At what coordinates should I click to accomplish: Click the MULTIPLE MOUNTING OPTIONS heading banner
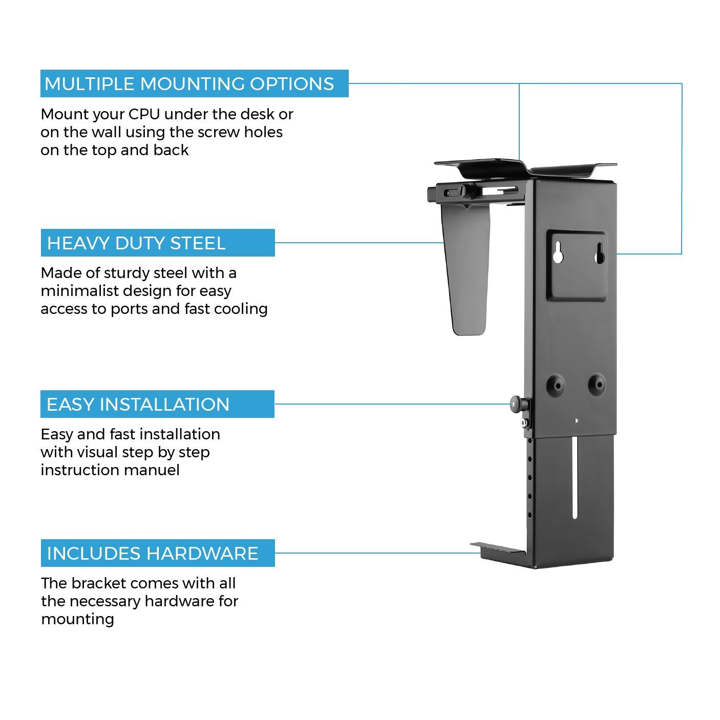click(x=194, y=83)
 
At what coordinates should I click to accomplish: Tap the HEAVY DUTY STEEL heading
click(x=157, y=243)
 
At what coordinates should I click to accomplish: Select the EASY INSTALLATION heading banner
click(x=157, y=404)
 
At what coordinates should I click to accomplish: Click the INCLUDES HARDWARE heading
click(x=157, y=553)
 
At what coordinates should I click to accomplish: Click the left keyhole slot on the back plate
click(x=558, y=252)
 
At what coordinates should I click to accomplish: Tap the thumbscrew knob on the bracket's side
click(x=518, y=405)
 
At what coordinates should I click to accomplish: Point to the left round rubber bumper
click(x=556, y=384)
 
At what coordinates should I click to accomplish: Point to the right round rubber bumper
click(x=596, y=384)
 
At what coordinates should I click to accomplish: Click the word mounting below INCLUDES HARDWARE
click(x=77, y=619)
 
